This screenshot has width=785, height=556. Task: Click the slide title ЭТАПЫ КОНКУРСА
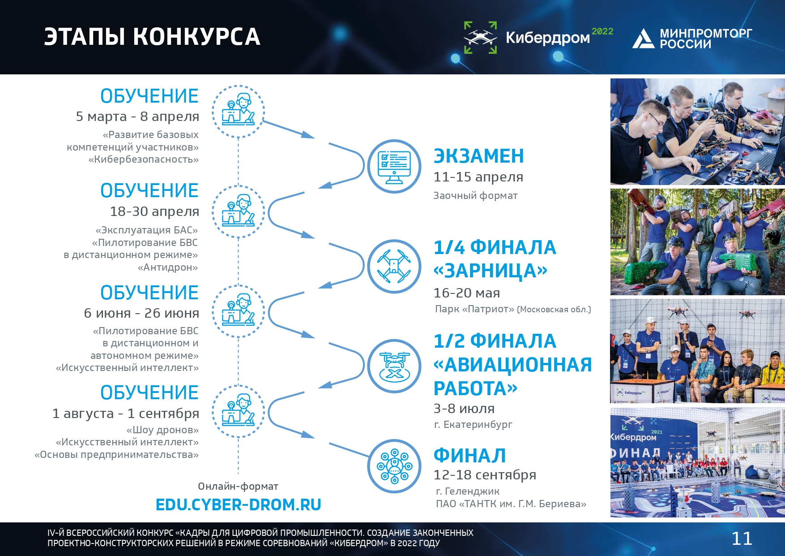(152, 37)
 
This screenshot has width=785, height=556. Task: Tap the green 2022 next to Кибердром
(602, 31)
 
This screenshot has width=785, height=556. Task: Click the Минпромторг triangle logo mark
(643, 39)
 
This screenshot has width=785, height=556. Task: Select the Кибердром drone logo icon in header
(480, 38)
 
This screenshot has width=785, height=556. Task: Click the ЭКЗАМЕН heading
(479, 156)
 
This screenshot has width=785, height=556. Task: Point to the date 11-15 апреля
(478, 177)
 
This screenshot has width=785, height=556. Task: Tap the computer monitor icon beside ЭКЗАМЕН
(394, 166)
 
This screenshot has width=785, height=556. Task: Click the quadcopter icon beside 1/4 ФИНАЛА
(394, 266)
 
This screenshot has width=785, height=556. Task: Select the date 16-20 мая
(467, 293)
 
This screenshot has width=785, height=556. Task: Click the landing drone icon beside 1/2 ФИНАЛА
(394, 366)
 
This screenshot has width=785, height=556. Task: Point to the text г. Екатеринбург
(473, 424)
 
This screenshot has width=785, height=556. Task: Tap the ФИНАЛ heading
(470, 456)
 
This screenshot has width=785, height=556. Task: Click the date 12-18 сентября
(485, 474)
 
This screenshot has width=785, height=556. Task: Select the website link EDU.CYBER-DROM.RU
(238, 505)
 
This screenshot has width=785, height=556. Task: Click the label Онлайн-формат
(238, 486)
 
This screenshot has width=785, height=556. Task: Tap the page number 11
(742, 539)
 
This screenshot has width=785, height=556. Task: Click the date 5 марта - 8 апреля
(137, 116)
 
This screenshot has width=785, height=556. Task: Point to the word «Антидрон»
(168, 267)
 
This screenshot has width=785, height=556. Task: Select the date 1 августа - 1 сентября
(126, 413)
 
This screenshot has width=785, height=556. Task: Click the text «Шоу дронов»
(162, 430)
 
